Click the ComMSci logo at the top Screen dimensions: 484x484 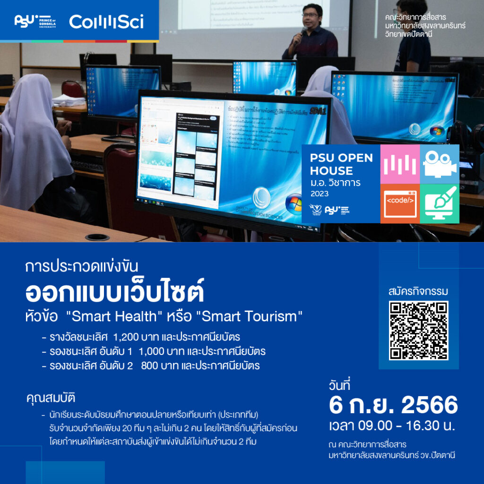[x=106, y=21]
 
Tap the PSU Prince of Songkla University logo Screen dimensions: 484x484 [x=35, y=21]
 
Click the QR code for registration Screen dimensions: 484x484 [x=418, y=330]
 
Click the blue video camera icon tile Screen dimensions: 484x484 [x=440, y=164]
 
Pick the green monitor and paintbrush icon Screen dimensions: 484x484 [x=440, y=204]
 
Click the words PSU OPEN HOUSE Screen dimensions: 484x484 [x=340, y=164]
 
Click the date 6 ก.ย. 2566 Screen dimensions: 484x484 [x=393, y=405]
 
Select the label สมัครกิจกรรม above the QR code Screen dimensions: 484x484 [x=418, y=291]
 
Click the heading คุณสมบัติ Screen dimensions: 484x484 [x=51, y=398]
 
